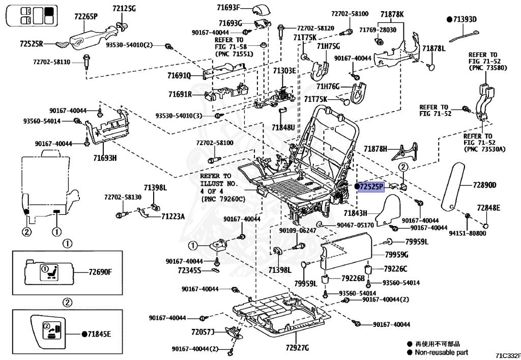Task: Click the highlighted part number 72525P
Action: click(x=371, y=187)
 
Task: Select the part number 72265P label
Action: click(x=85, y=17)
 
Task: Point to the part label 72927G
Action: click(x=297, y=348)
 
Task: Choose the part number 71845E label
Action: click(x=99, y=334)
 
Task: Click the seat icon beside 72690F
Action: click(x=49, y=272)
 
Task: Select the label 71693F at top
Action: click(x=228, y=7)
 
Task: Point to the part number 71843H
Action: click(x=356, y=213)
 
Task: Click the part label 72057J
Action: click(x=202, y=332)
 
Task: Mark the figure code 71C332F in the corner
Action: click(x=508, y=356)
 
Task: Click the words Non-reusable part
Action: click(x=441, y=352)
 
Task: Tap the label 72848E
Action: click(x=488, y=208)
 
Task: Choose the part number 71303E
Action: click(x=284, y=70)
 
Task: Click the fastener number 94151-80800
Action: click(x=468, y=233)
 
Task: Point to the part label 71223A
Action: click(x=173, y=216)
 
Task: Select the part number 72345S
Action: click(x=189, y=270)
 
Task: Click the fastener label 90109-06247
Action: click(x=298, y=230)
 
